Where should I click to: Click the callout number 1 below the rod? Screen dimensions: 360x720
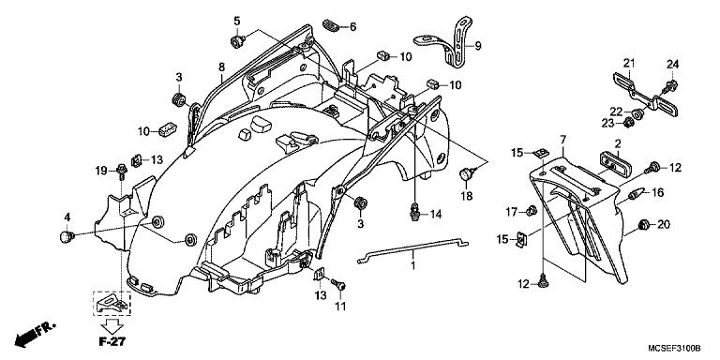pyautogui.click(x=410, y=267)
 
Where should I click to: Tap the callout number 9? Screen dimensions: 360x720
pyautogui.click(x=476, y=46)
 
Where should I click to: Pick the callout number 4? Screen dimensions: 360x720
pyautogui.click(x=67, y=217)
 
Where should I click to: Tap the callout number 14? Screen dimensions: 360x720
pyautogui.click(x=436, y=215)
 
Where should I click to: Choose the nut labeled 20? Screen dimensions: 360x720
pyautogui.click(x=641, y=225)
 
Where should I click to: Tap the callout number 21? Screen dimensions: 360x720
pyautogui.click(x=630, y=63)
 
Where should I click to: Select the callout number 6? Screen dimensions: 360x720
pyautogui.click(x=352, y=27)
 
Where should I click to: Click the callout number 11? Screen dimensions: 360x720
pyautogui.click(x=341, y=306)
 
